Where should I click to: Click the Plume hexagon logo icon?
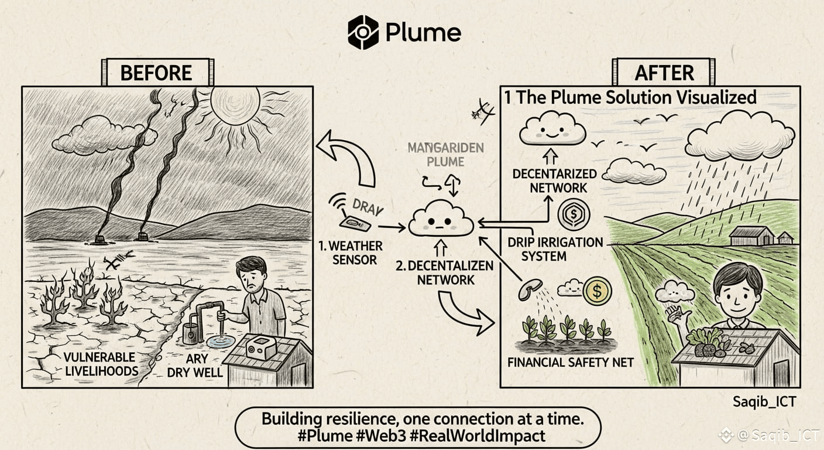(x=363, y=32)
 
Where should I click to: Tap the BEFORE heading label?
(x=156, y=73)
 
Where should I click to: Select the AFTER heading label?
(x=664, y=73)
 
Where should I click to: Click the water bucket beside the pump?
(x=191, y=333)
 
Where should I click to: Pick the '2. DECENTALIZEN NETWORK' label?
(x=445, y=272)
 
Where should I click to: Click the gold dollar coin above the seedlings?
(x=597, y=291)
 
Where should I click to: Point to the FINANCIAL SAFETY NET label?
(x=571, y=362)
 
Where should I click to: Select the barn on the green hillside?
(x=753, y=236)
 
